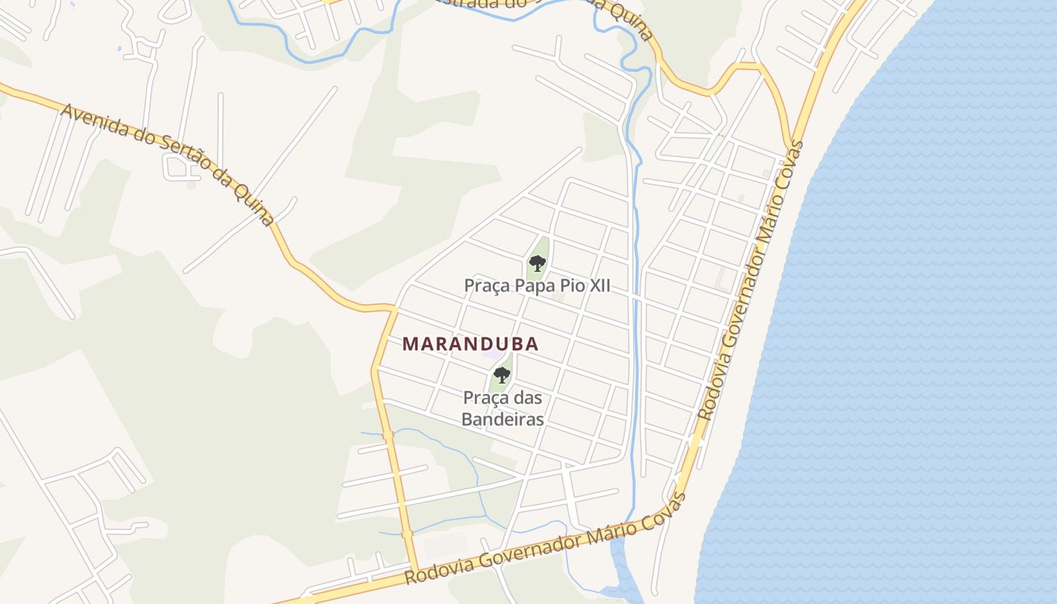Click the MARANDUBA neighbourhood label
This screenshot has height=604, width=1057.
pyautogui.click(x=470, y=344)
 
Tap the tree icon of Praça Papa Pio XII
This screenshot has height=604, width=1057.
pyautogui.click(x=538, y=263)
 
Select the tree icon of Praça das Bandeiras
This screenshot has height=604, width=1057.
pyautogui.click(x=502, y=374)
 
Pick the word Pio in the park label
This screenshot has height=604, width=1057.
pyautogui.click(x=569, y=286)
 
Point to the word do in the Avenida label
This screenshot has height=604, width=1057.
pyautogui.click(x=142, y=140)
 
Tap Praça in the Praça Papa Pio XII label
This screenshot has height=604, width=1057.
pyautogui.click(x=488, y=286)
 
